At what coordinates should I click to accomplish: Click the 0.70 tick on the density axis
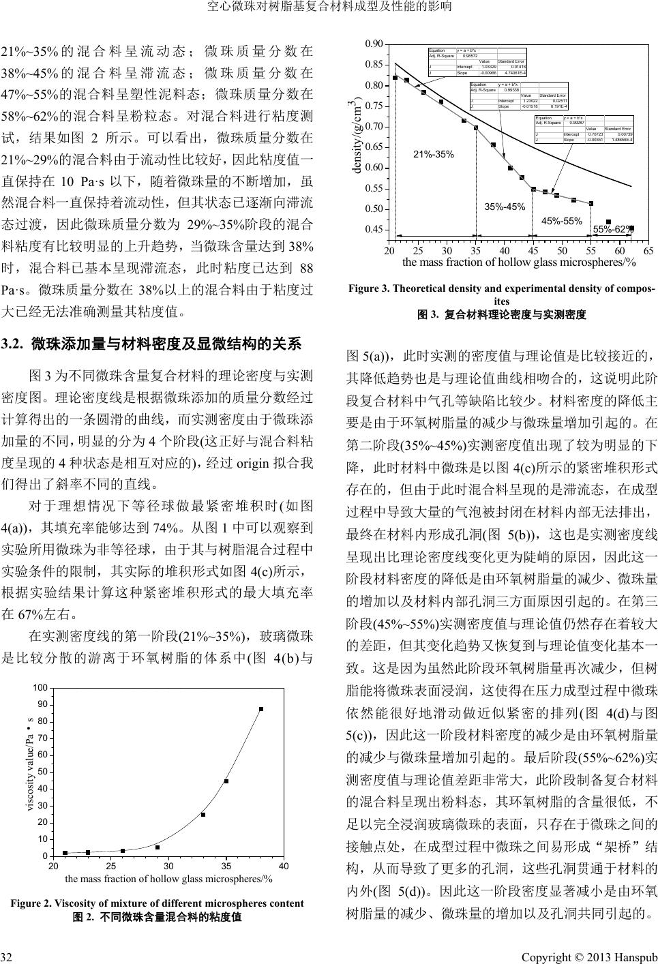[374, 127]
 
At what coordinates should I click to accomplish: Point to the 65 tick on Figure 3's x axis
[648, 252]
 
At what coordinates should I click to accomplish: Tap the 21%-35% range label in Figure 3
[434, 154]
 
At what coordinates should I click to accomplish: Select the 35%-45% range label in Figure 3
[505, 207]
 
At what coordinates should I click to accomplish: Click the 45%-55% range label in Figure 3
[561, 220]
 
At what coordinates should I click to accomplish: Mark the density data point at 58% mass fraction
[608, 222]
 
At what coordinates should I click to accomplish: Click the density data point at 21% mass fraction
[395, 77]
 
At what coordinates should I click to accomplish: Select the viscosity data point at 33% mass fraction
[203, 814]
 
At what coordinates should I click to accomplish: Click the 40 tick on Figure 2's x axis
[284, 867]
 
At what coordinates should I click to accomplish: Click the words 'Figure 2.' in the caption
[31, 903]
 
